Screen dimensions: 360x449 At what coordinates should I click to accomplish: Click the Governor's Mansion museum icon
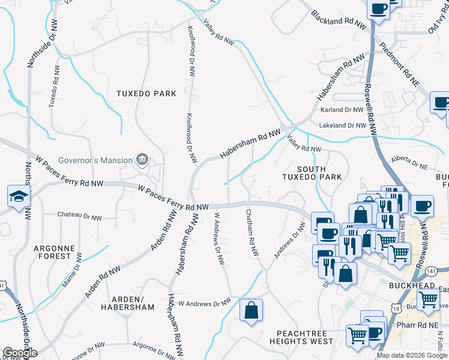coord(142,160)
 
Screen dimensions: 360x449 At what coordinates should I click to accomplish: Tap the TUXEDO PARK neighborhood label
coord(147,94)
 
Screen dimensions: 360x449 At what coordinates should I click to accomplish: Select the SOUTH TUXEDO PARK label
coord(312,172)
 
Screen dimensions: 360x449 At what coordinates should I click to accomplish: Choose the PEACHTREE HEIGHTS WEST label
coord(304,337)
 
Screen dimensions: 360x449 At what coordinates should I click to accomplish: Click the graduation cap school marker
coord(19,197)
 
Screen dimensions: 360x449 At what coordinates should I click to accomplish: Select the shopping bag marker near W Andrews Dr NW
coord(251,311)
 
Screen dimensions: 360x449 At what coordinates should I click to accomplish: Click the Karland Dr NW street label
coord(343,110)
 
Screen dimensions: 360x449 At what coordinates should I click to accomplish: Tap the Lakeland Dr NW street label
coord(342,125)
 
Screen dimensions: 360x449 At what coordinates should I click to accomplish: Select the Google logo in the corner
coord(19,353)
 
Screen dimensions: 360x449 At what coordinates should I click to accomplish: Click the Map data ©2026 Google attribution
coord(410,355)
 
